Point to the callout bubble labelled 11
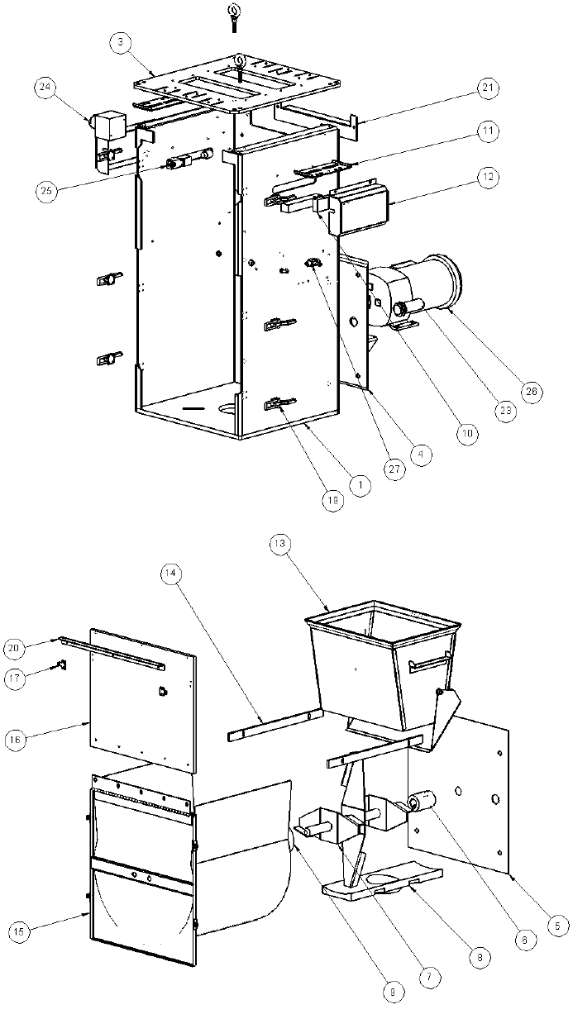tap(487, 131)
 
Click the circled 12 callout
tap(487, 175)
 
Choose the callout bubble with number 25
tap(48, 191)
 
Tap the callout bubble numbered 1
tap(358, 485)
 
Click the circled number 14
tap(172, 573)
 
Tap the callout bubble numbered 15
tap(23, 931)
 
